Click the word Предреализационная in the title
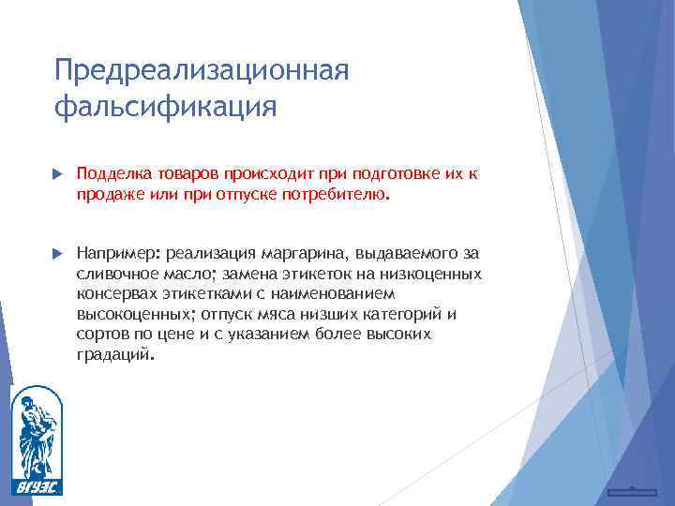[x=202, y=71]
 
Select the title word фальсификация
[x=166, y=106]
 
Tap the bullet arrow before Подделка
[x=58, y=174]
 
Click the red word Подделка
[x=112, y=173]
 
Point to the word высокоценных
[x=133, y=314]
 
